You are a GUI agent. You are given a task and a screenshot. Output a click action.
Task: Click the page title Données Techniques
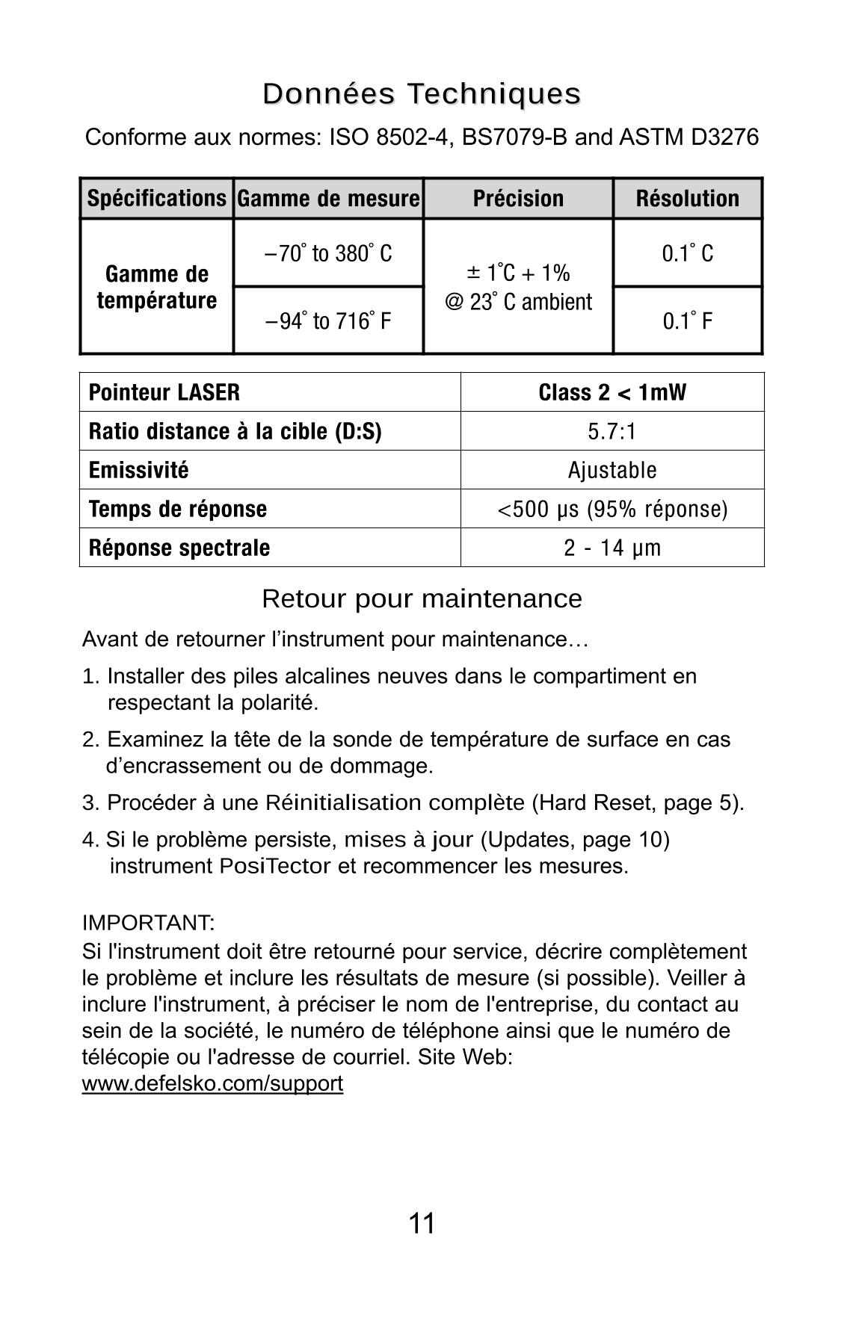point(422,94)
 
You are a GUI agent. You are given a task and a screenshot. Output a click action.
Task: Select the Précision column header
point(518,198)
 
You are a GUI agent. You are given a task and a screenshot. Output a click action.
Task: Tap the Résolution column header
point(687,198)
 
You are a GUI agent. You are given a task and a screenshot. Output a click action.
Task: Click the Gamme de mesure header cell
point(328,198)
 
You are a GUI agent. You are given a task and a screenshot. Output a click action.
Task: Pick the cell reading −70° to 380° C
point(328,253)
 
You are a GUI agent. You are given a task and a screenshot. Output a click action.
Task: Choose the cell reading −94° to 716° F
point(328,321)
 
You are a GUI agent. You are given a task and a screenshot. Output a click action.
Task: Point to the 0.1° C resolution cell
point(687,253)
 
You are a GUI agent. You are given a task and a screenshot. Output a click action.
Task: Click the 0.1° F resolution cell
point(687,321)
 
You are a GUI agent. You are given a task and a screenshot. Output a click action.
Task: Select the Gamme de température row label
point(156,287)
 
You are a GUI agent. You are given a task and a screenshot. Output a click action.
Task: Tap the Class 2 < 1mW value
point(612,392)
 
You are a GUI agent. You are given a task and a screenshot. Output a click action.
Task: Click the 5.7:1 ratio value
point(612,431)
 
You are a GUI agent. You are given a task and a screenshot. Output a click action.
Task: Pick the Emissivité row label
point(138,470)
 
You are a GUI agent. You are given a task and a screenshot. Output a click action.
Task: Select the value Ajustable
point(612,470)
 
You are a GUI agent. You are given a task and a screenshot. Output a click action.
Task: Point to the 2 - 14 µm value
point(612,548)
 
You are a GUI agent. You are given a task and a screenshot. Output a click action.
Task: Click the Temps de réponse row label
point(177,509)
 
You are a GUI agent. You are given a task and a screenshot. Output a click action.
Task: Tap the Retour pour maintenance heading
point(422,598)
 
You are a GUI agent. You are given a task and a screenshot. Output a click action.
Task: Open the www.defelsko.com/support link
point(212,1083)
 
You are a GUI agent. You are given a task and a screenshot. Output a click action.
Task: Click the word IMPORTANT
point(148,923)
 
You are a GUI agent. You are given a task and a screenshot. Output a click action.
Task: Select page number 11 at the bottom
point(422,1224)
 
